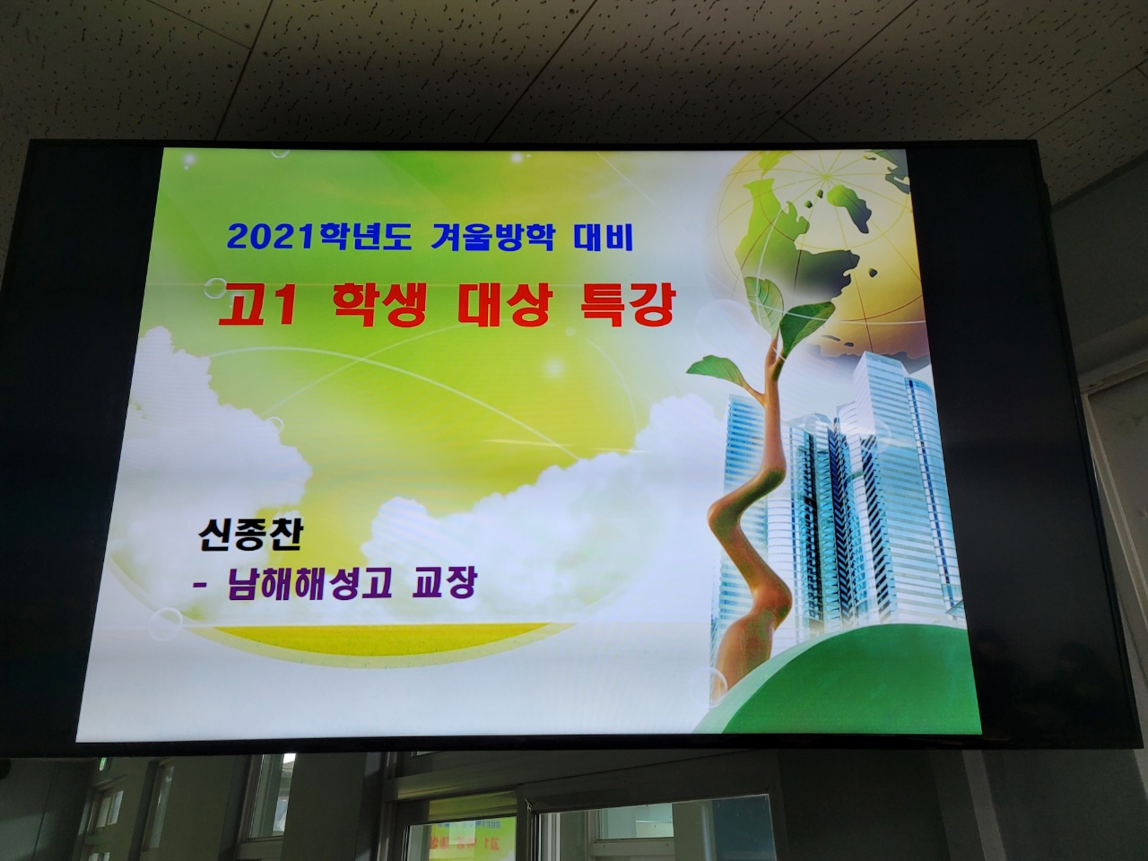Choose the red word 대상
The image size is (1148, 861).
pos(504,307)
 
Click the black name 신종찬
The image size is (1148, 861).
pos(250,535)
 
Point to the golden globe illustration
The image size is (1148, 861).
pos(816,246)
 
